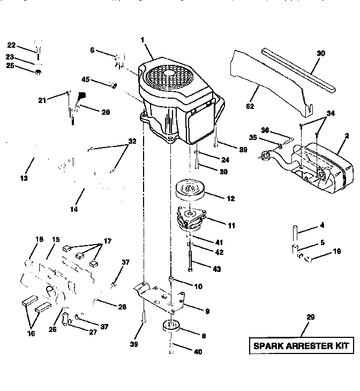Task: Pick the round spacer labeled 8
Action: coord(173,327)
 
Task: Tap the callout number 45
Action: coord(85,80)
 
